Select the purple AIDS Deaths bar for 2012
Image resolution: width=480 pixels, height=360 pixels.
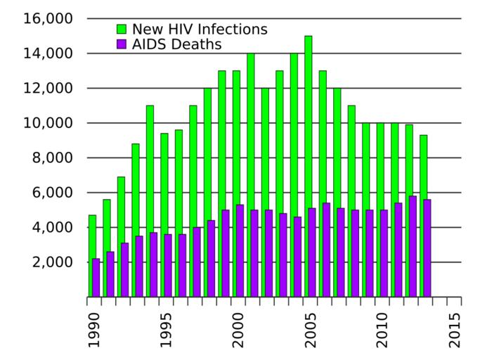(x=412, y=246)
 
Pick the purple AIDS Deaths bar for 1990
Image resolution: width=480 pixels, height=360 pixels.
(x=96, y=278)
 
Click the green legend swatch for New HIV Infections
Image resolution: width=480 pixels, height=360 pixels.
(x=122, y=30)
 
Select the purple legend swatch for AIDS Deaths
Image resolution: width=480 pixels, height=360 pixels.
(x=122, y=45)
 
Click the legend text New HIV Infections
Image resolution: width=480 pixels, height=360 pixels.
(x=200, y=30)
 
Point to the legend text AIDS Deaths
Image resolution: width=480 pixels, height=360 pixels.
(x=176, y=45)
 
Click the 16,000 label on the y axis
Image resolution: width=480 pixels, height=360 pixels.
(x=48, y=18)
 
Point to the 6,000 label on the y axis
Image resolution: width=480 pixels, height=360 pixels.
(x=51, y=193)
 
